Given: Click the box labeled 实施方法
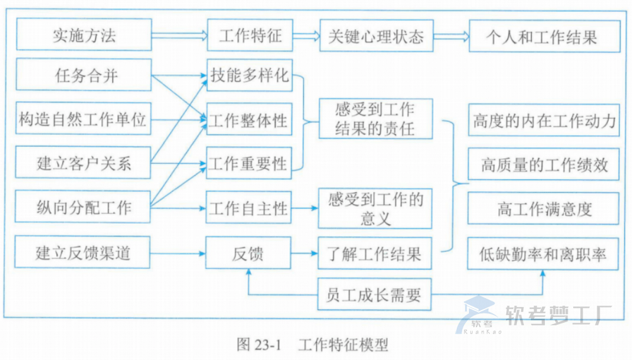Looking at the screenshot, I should pos(84,35).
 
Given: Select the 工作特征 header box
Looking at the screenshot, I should pos(250,35).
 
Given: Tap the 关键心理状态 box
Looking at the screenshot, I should pos(375,35).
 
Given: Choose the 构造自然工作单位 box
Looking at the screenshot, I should pos(84,119).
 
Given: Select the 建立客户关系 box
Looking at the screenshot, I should pos(84,164).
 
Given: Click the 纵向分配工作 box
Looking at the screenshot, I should pos(84,207).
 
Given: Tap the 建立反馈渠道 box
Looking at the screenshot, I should pos(84,253).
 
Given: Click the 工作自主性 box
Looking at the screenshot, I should pos(249,207).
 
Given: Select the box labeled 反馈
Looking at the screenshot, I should pos(249,253).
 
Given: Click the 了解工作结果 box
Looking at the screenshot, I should pos(375,253).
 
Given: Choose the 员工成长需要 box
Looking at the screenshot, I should pos(375,294).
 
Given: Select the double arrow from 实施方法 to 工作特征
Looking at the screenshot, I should pos(179,35).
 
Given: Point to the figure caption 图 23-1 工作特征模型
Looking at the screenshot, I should pos(312,344).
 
